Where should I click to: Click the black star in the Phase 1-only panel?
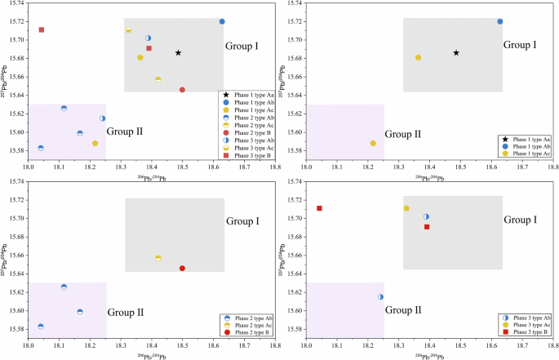pyautogui.click(x=456, y=53)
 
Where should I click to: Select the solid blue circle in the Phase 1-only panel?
pyautogui.click(x=500, y=21)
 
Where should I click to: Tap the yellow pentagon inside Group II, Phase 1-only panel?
pyautogui.click(x=373, y=144)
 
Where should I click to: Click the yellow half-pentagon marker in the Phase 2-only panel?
pyautogui.click(x=157, y=259)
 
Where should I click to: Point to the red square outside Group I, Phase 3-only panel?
pyautogui.click(x=319, y=208)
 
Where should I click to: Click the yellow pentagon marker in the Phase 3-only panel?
pyautogui.click(x=406, y=208)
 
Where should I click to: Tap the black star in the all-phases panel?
pyautogui.click(x=178, y=53)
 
